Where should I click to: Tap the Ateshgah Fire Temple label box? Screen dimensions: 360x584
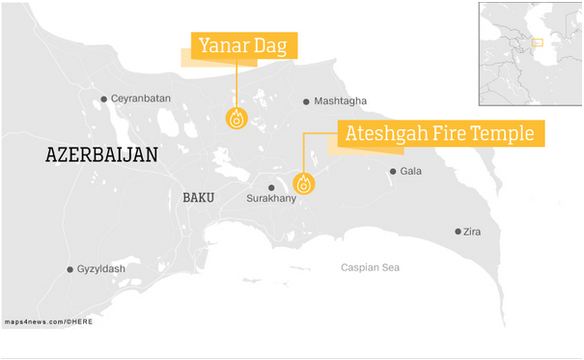pyautogui.click(x=439, y=133)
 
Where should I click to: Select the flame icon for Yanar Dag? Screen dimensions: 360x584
pyautogui.click(x=236, y=119)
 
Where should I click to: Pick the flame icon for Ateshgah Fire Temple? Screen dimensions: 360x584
pyautogui.click(x=304, y=183)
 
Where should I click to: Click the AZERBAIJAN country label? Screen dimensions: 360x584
pyautogui.click(x=101, y=154)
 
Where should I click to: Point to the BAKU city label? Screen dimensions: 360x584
pyautogui.click(x=198, y=197)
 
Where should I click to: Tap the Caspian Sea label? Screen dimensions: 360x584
pyautogui.click(x=370, y=267)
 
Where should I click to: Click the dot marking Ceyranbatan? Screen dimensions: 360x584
pyautogui.click(x=104, y=98)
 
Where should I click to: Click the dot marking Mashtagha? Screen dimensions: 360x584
pyautogui.click(x=307, y=101)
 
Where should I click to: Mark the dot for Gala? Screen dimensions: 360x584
pyautogui.click(x=393, y=172)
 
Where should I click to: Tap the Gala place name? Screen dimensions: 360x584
pyautogui.click(x=411, y=172)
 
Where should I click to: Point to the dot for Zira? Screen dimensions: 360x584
pyautogui.click(x=458, y=232)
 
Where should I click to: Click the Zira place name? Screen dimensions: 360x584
pyautogui.click(x=473, y=232)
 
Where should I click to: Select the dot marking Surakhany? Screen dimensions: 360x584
pyautogui.click(x=271, y=187)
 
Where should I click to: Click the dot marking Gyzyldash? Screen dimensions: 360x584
pyautogui.click(x=70, y=269)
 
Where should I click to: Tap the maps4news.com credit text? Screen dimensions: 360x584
pyautogui.click(x=48, y=320)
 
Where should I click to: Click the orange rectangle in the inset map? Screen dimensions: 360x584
pyautogui.click(x=538, y=42)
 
